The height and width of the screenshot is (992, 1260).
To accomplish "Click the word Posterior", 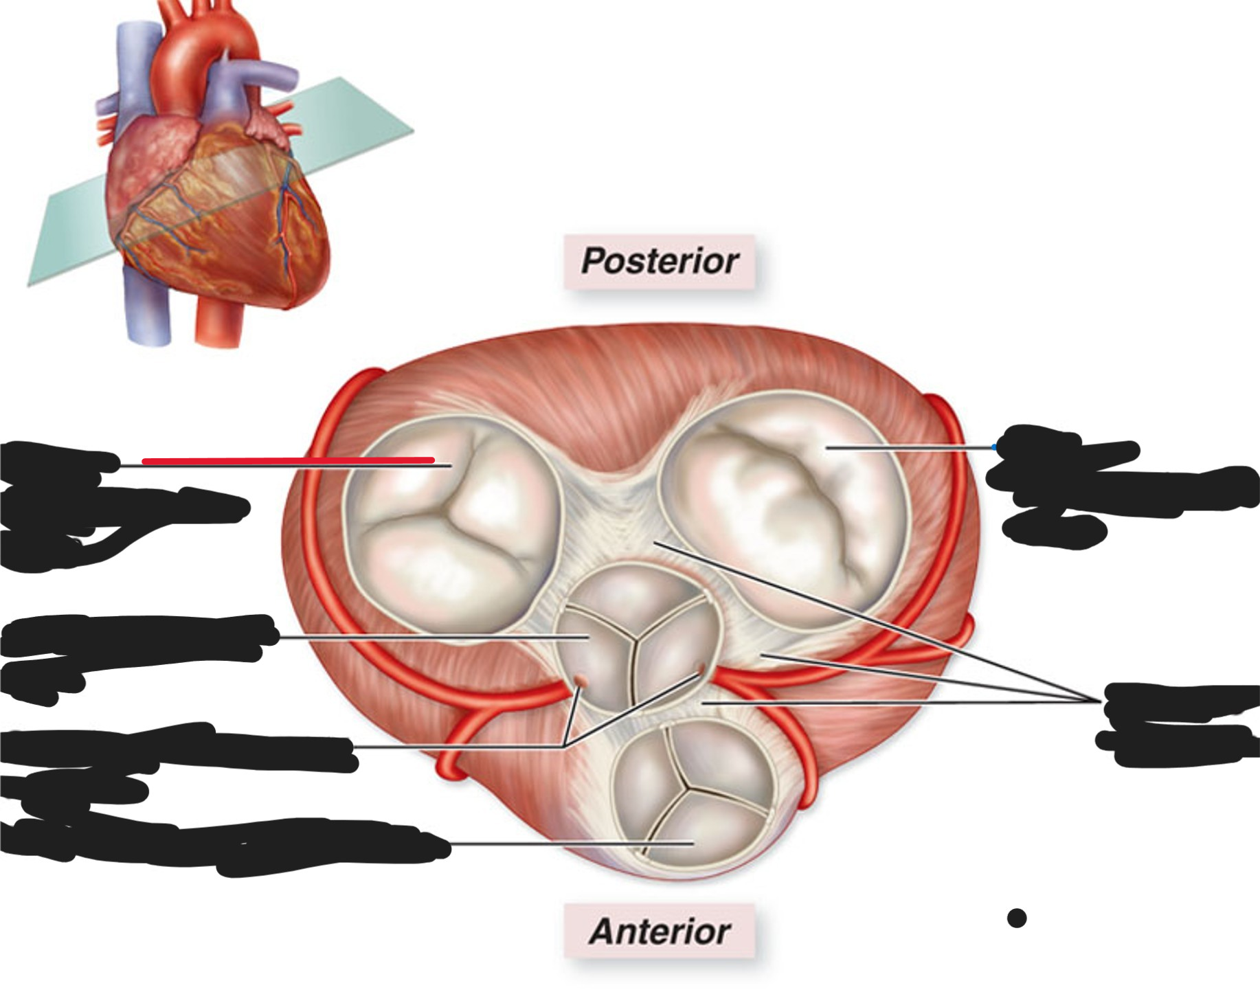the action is (660, 261).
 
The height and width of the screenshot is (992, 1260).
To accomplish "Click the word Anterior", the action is (660, 932).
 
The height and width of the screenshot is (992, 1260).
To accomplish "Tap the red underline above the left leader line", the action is (289, 460).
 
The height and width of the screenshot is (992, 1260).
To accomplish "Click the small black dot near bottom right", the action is (1017, 918).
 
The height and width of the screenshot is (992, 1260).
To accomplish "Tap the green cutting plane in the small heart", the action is (220, 182).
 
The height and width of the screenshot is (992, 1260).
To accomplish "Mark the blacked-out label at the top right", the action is (1120, 484).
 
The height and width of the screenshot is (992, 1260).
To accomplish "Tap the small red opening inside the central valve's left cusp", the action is (581, 681).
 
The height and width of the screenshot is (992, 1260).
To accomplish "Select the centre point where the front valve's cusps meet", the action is (684, 787).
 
